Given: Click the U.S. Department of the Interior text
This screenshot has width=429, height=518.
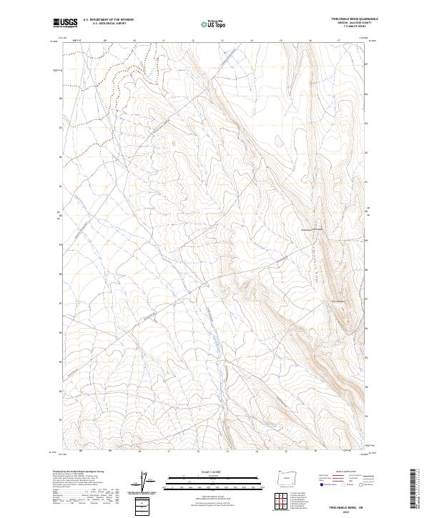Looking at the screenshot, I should click(108, 20).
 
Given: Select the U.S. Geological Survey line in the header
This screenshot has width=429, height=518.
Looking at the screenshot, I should click(108, 24).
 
